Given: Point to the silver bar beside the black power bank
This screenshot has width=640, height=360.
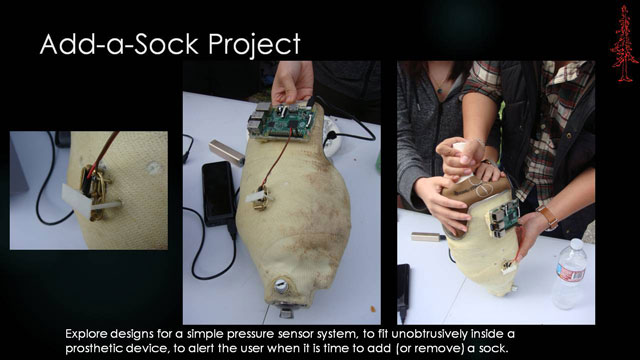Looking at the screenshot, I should pyautogui.click(x=226, y=152).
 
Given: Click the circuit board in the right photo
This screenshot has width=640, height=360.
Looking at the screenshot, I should pyautogui.click(x=502, y=221).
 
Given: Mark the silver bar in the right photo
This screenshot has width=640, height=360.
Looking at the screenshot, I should pyautogui.click(x=426, y=237).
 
